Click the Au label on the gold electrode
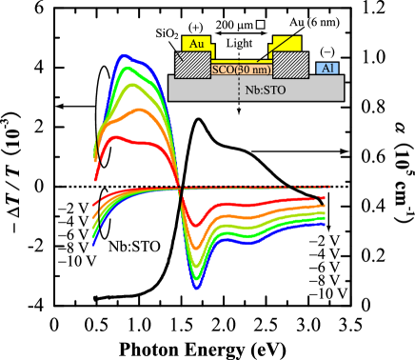197,44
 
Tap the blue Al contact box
327,68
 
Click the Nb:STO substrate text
265,90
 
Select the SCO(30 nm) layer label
242,70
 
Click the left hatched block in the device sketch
192,65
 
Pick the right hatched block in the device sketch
290,65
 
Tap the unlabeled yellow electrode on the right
287,44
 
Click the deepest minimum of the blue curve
197,286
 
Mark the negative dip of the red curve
193,225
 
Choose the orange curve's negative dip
195,248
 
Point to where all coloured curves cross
180,188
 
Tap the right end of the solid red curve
325,197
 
